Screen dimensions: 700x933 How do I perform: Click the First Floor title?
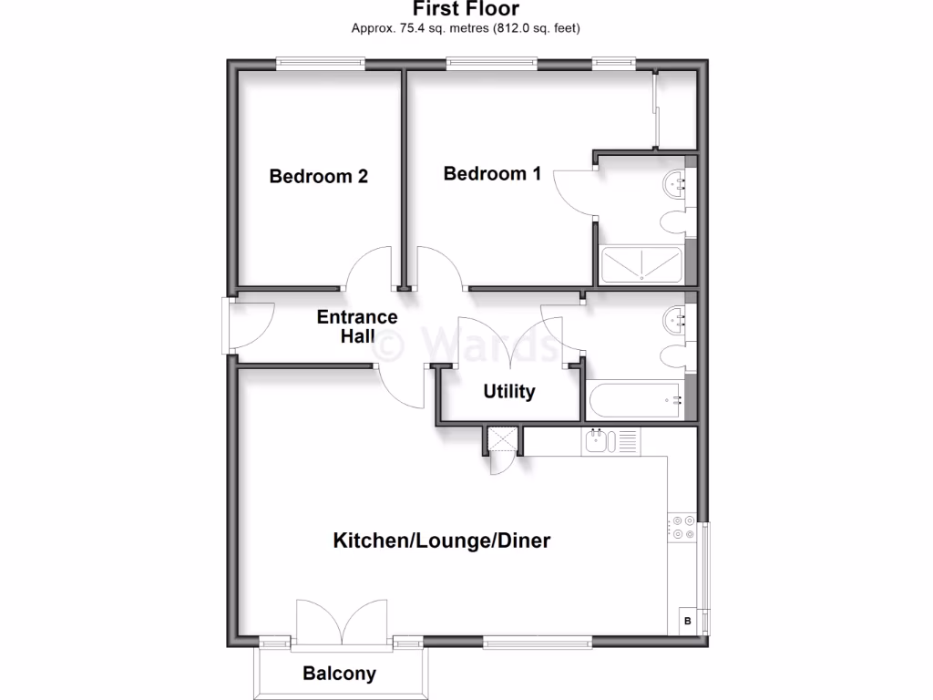[466, 9]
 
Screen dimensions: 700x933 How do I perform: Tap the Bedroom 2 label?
[318, 176]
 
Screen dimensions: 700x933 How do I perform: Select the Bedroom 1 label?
[492, 173]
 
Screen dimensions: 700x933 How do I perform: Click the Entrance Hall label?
[357, 326]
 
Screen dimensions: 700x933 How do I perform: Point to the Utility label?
[508, 392]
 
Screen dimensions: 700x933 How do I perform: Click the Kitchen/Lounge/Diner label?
[442, 540]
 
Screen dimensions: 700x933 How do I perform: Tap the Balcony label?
[339, 674]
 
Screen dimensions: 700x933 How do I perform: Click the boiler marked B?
[687, 622]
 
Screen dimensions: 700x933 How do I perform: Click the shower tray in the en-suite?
[641, 265]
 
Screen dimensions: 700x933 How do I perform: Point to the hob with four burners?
[682, 528]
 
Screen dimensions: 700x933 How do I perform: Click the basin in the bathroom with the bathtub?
[677, 318]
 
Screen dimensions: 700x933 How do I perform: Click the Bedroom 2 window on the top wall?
[321, 63]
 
